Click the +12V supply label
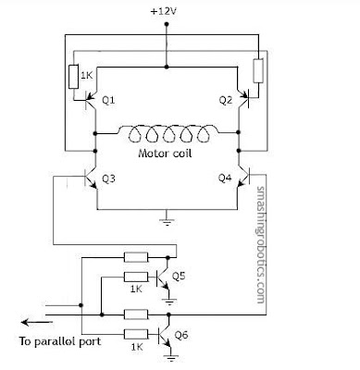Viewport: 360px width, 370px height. pyautogui.click(x=164, y=12)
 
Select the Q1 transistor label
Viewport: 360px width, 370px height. pyautogui.click(x=108, y=100)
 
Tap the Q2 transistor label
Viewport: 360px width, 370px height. pyautogui.click(x=226, y=100)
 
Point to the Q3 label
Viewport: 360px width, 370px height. pyautogui.click(x=108, y=179)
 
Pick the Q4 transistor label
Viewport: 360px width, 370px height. pyautogui.click(x=225, y=178)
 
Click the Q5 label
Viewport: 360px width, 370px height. pyautogui.click(x=179, y=276)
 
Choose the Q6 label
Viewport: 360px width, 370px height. pyautogui.click(x=181, y=334)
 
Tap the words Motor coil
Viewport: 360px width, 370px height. pyautogui.click(x=165, y=154)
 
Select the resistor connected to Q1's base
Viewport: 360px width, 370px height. pyautogui.click(x=73, y=77)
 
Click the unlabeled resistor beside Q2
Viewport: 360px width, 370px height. pyautogui.click(x=258, y=70)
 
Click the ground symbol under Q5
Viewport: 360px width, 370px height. pyautogui.click(x=169, y=301)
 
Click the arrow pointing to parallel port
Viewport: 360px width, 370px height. pyautogui.click(x=36, y=323)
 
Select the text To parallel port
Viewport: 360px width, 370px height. pyautogui.click(x=60, y=341)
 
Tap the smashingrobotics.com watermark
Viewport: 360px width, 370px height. pyautogui.click(x=261, y=244)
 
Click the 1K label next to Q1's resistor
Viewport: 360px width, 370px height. pyautogui.click(x=87, y=75)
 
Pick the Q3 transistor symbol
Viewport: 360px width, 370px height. pyautogui.click(x=90, y=179)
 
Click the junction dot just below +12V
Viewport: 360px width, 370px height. pyautogui.click(x=167, y=24)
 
